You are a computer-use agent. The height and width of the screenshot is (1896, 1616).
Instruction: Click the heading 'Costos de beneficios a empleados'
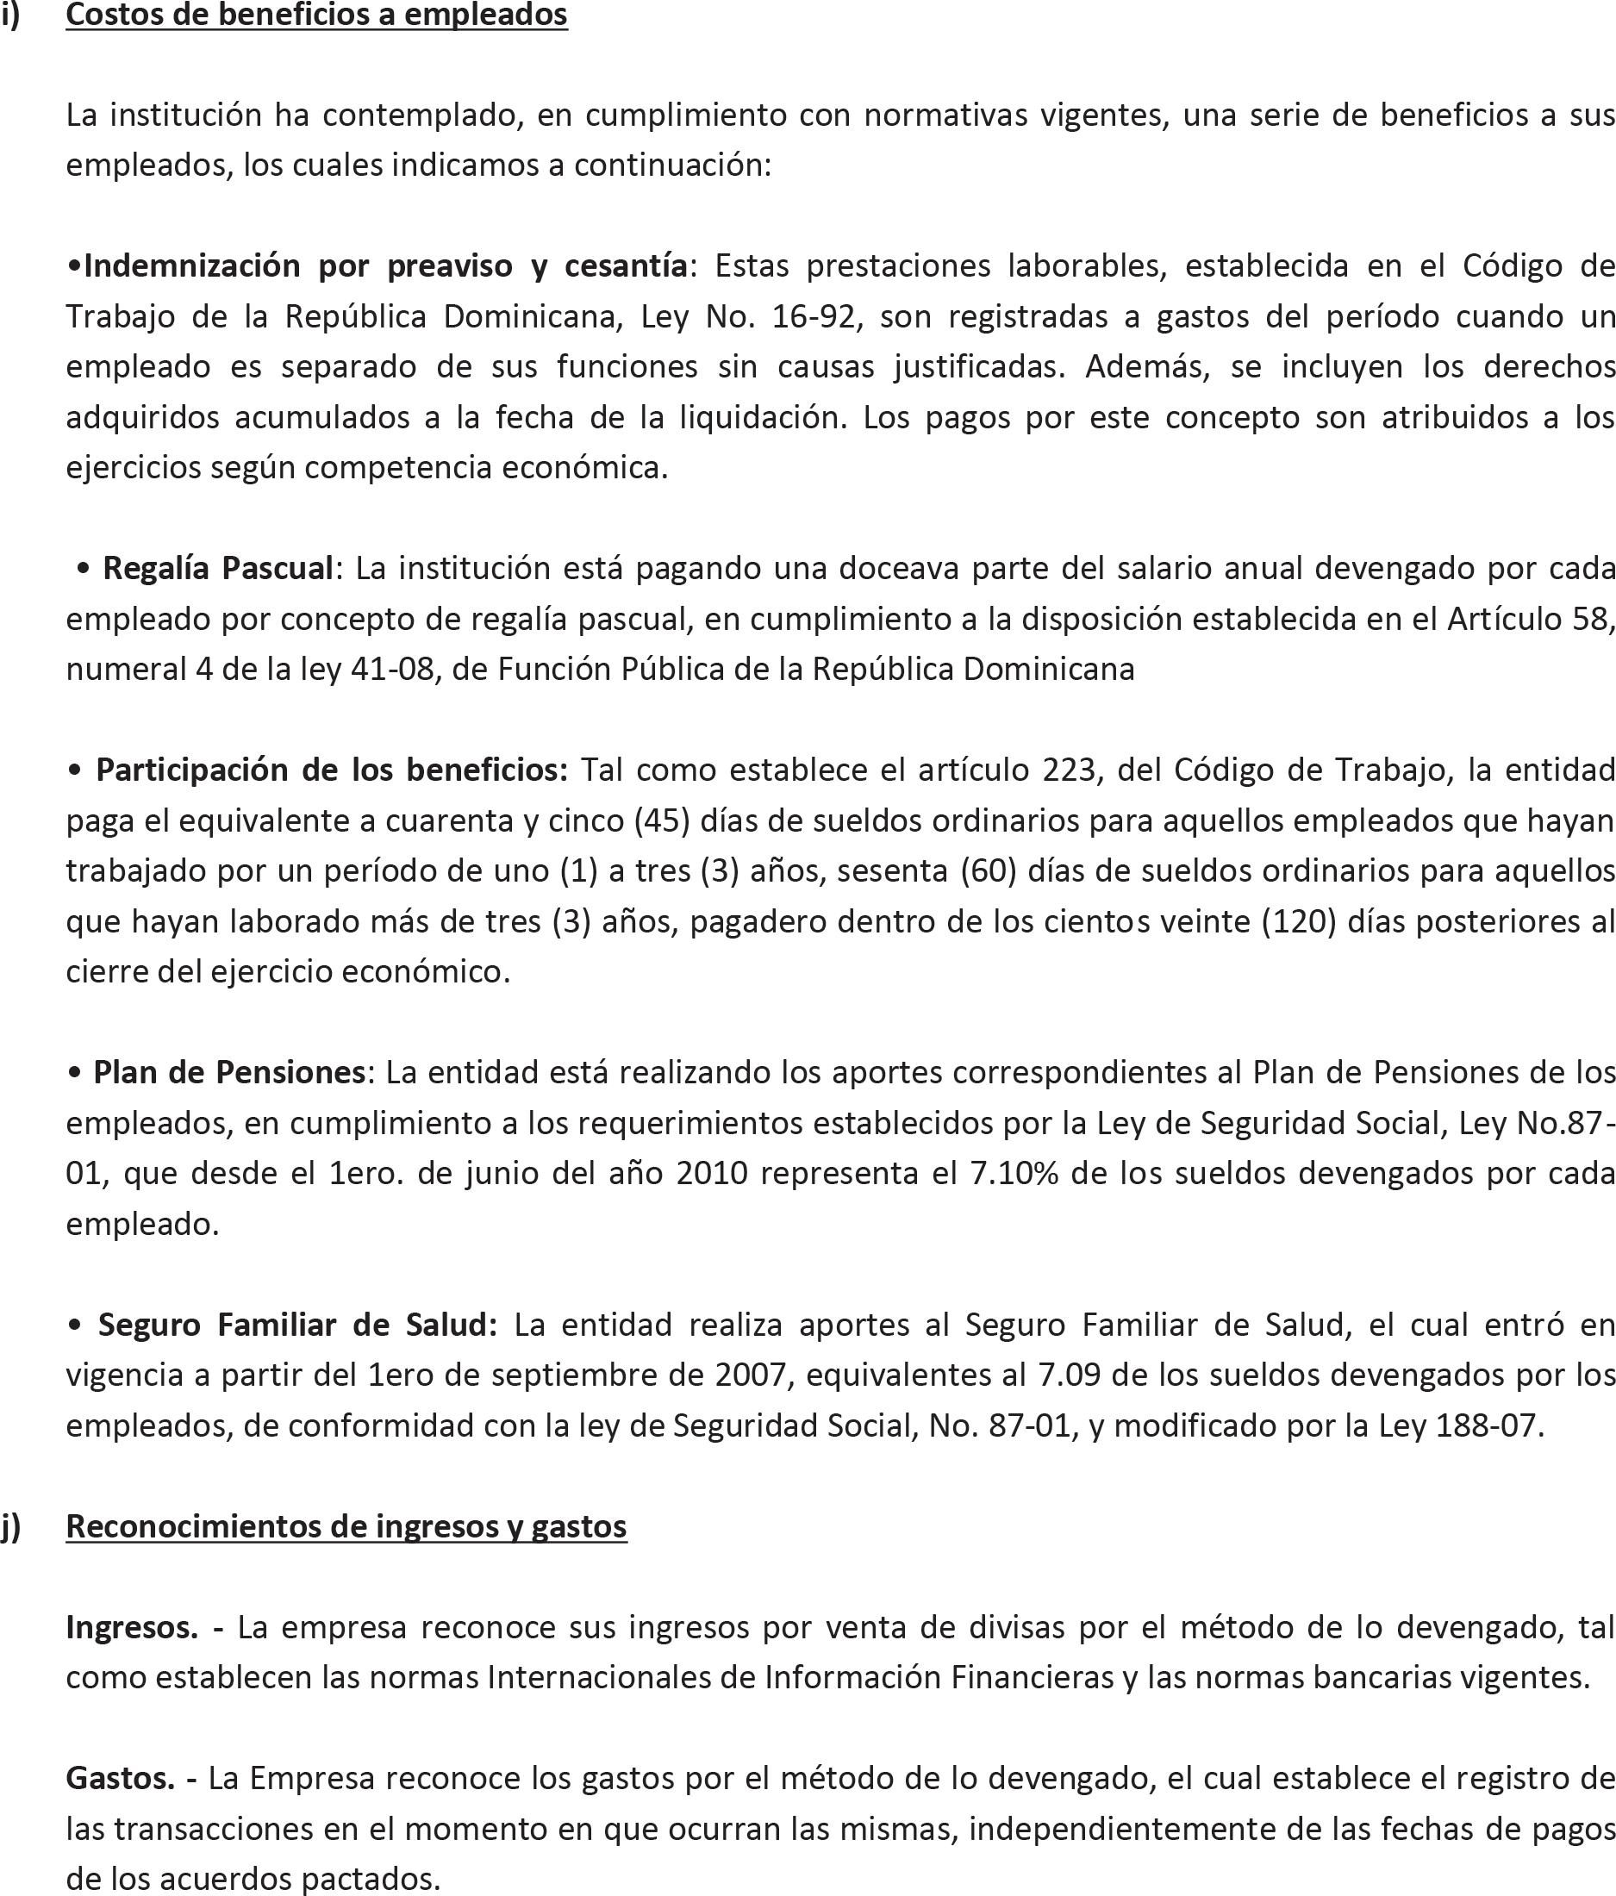tap(316, 15)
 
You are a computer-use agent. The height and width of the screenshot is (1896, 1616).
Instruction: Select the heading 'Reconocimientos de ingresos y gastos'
tap(346, 1525)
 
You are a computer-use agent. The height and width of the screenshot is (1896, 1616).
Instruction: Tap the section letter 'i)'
tap(10, 15)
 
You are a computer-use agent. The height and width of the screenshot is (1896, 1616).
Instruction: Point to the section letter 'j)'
tap(10, 1525)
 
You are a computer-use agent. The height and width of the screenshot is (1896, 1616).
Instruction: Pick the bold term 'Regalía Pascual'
tap(218, 568)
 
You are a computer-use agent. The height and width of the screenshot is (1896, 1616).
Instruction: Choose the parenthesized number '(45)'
tap(662, 820)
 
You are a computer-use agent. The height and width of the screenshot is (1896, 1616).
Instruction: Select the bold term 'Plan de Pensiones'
tap(228, 1072)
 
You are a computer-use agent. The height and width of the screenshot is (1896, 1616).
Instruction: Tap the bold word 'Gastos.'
tap(120, 1778)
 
